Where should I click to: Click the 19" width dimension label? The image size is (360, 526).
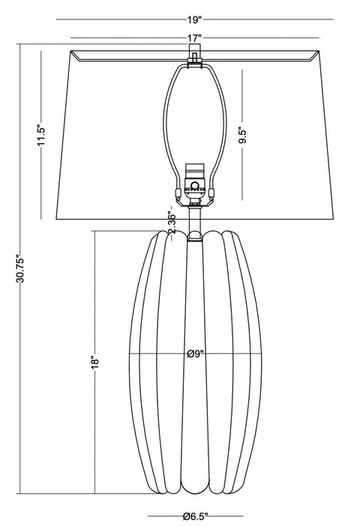[x=194, y=20]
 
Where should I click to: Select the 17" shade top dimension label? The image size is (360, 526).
[x=194, y=38]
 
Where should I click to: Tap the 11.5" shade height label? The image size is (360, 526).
[x=41, y=136]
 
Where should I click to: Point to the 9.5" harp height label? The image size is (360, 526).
[x=242, y=135]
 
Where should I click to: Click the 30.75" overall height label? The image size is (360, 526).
[x=20, y=269]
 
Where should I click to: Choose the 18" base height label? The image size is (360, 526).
[x=95, y=362]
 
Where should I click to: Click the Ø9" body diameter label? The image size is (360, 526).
[x=196, y=353]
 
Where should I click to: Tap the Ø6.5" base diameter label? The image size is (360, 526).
[x=196, y=516]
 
